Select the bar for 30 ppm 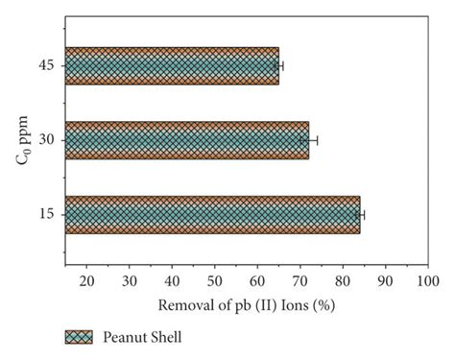[x=187, y=140]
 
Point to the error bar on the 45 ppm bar [x=279, y=65]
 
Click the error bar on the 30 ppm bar [x=309, y=140]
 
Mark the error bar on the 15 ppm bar [x=361, y=214]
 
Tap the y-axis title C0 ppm [x=21, y=140]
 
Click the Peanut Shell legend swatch [x=79, y=337]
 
